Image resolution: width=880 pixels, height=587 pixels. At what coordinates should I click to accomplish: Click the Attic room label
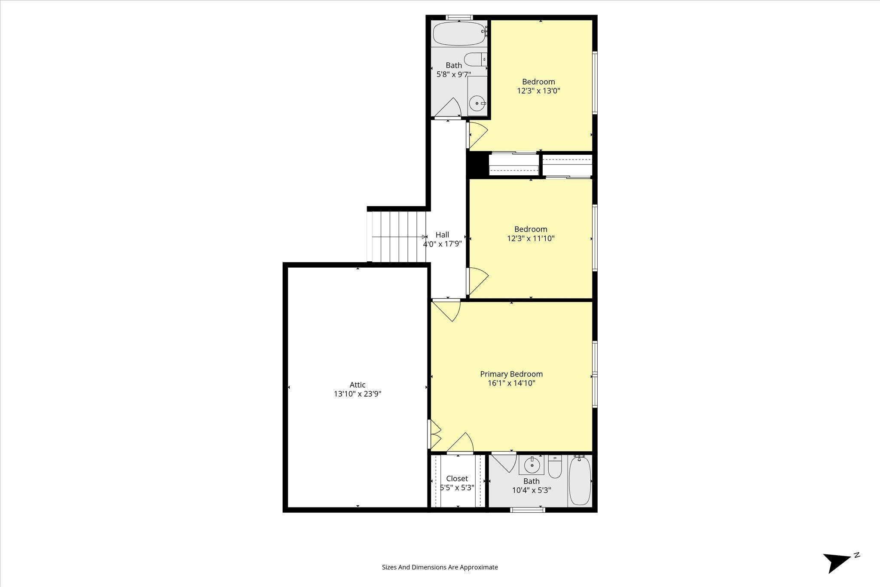pyautogui.click(x=357, y=385)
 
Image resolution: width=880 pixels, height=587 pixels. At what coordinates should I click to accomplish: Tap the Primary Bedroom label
pyautogui.click(x=511, y=374)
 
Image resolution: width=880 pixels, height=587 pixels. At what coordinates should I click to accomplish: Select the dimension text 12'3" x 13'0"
pyautogui.click(x=538, y=91)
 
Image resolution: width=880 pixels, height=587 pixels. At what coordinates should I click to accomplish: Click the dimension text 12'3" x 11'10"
pyautogui.click(x=531, y=238)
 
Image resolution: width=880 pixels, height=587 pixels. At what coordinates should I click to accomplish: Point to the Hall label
pyautogui.click(x=442, y=235)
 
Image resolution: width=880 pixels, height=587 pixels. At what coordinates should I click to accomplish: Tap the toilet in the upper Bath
pyautogui.click(x=475, y=59)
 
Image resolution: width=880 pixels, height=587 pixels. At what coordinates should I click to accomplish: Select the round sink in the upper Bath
pyautogui.click(x=477, y=104)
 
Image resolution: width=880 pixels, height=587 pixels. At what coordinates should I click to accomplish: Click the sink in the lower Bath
pyautogui.click(x=532, y=465)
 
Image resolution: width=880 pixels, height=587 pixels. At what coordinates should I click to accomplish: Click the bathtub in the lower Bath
pyautogui.click(x=580, y=480)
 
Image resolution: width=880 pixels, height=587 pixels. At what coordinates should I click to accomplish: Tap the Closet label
pyautogui.click(x=457, y=478)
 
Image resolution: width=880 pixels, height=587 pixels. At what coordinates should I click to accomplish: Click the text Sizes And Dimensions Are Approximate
pyautogui.click(x=440, y=567)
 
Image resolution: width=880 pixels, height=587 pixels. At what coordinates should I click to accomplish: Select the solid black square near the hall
pyautogui.click(x=477, y=165)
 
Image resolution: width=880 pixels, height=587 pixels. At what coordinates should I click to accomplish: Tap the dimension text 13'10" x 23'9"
pyautogui.click(x=357, y=394)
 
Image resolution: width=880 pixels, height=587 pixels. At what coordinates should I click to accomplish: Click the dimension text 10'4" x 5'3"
pyautogui.click(x=532, y=490)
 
